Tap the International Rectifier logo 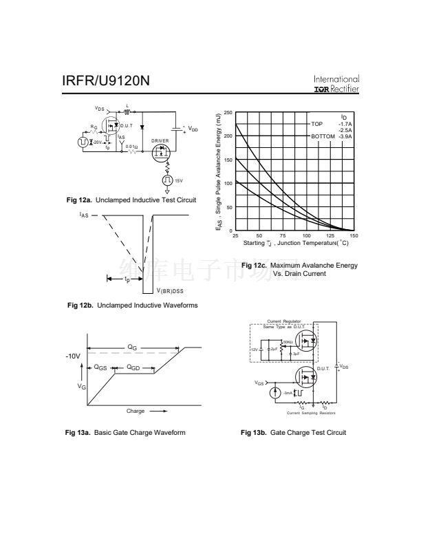point(336,84)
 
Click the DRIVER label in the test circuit point(160,140)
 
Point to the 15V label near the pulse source point(178,180)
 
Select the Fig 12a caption point(131,200)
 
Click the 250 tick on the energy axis point(228,112)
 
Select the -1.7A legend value point(345,124)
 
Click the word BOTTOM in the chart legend point(323,136)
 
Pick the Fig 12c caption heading point(299,266)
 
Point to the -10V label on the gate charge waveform point(74,356)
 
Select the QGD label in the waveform point(133,368)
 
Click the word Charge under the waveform point(136,411)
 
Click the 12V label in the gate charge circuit point(253,350)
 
